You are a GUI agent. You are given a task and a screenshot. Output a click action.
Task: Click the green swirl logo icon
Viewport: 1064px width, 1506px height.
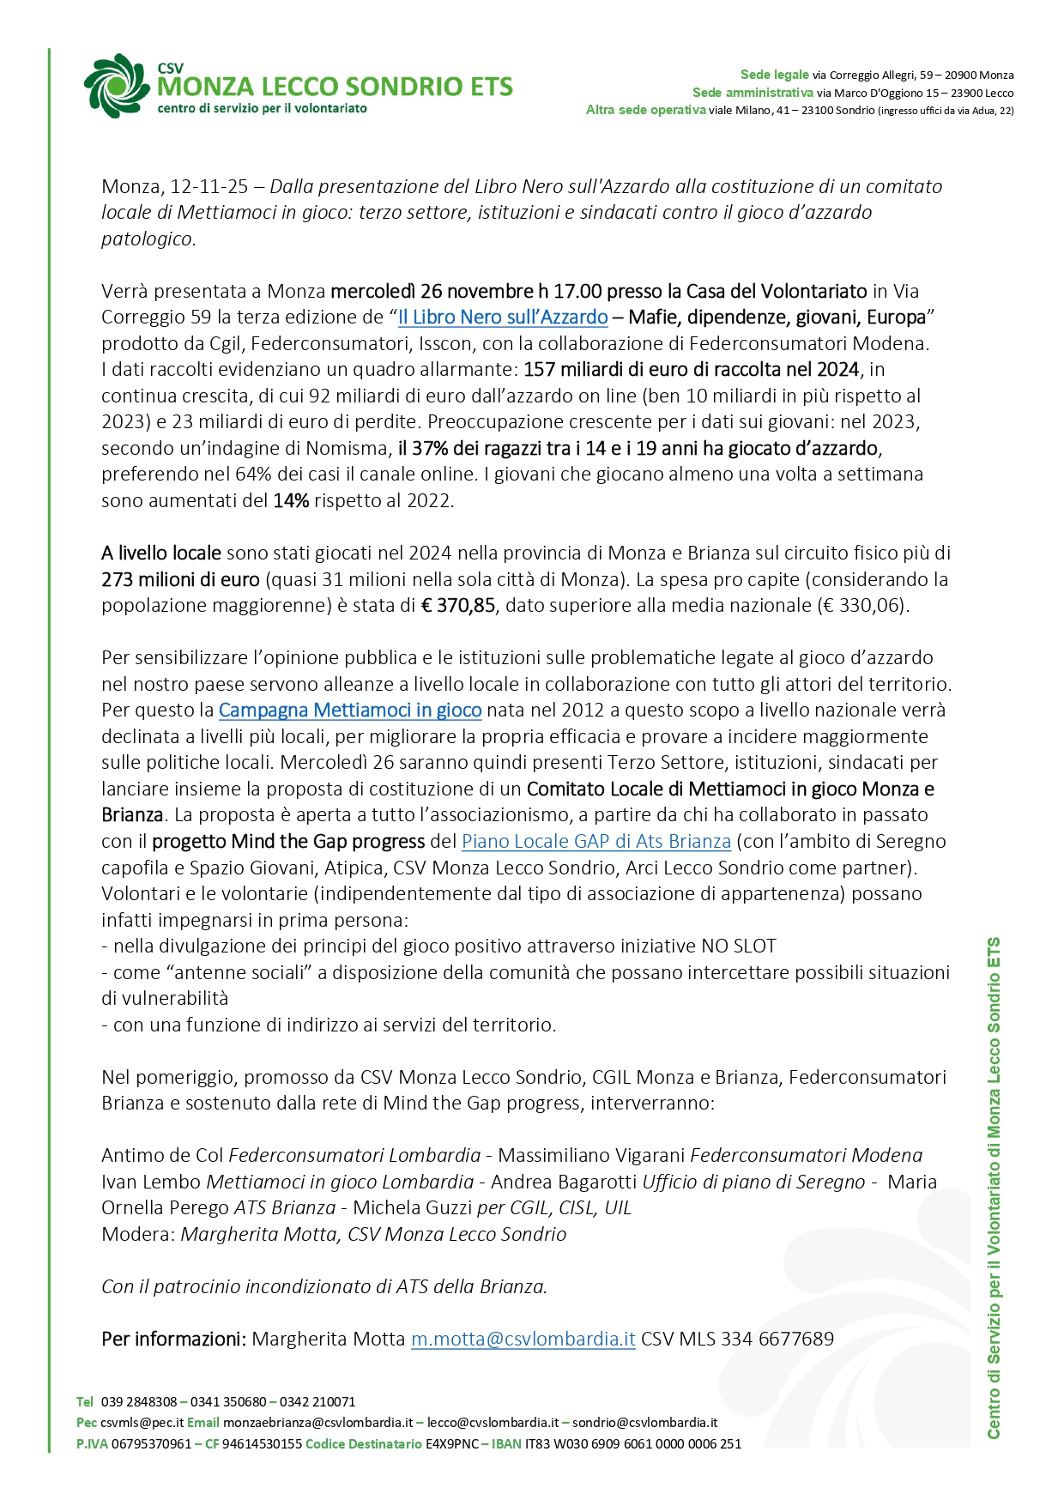coord(116,86)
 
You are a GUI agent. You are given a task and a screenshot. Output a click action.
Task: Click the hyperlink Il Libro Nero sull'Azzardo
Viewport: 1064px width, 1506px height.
coord(503,318)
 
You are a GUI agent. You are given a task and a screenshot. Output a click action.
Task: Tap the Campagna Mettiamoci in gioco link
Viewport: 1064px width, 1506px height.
coord(350,711)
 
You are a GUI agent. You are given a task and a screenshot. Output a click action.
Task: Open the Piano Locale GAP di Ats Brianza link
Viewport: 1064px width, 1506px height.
coord(596,842)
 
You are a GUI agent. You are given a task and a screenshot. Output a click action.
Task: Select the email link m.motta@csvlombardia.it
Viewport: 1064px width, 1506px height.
coord(523,1340)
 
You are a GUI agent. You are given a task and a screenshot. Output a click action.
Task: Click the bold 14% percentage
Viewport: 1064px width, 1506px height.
coord(291,501)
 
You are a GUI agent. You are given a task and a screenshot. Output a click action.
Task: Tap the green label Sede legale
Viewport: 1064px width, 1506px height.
coord(775,76)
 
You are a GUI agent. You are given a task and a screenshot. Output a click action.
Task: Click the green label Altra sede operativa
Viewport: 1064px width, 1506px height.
coord(645,110)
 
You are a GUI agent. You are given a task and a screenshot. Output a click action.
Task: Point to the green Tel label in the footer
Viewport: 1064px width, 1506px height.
coord(85,1402)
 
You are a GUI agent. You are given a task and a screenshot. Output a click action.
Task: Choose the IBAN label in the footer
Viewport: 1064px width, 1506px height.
coord(506,1443)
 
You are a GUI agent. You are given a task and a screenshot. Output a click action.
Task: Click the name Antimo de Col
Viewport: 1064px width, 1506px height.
coord(162,1156)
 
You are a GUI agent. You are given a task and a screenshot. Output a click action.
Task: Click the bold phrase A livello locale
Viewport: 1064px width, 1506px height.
coord(161,553)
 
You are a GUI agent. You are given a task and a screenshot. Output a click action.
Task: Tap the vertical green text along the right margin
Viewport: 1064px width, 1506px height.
coord(994,1188)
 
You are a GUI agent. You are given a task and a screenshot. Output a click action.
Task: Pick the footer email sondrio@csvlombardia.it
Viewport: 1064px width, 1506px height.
coord(644,1423)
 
